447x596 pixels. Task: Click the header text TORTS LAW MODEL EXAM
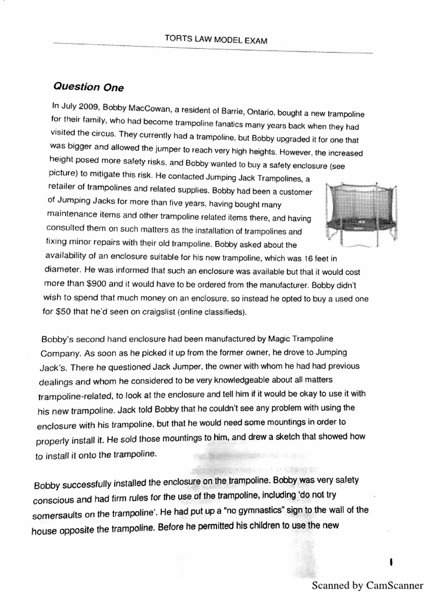click(x=212, y=39)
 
